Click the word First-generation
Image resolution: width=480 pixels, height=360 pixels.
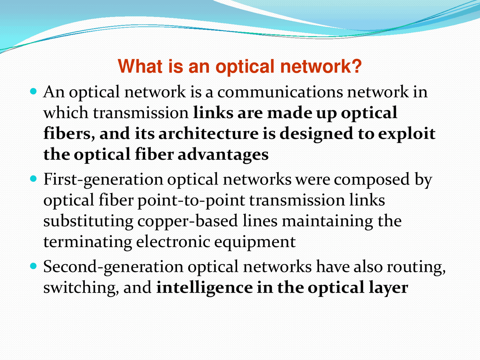tap(103, 180)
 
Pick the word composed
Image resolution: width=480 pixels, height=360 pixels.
tap(372, 180)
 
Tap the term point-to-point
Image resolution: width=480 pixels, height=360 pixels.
tap(191, 201)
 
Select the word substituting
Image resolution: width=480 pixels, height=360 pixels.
tap(88, 221)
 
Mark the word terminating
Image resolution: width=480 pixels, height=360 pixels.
tap(87, 242)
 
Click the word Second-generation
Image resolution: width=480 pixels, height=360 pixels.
tap(113, 267)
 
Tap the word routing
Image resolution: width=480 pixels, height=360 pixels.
tap(416, 267)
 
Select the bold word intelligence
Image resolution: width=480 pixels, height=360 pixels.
tap(204, 288)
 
